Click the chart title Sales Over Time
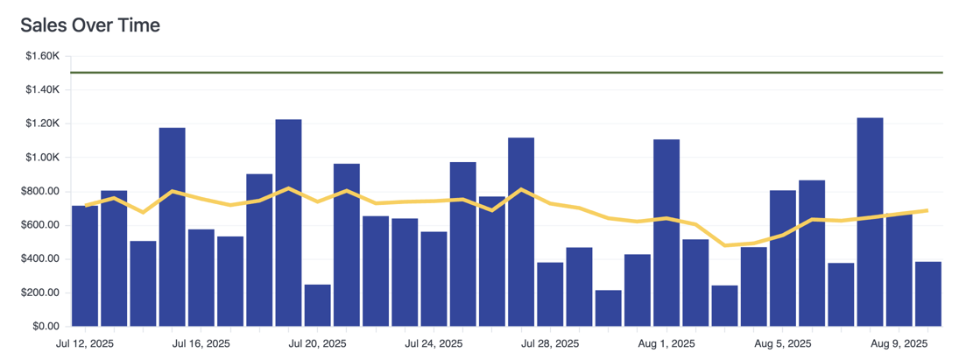[x=90, y=25]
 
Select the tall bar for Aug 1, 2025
[x=666, y=232]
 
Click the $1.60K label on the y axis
[x=41, y=56]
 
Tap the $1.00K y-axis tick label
[x=41, y=158]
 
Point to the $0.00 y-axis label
[x=46, y=327]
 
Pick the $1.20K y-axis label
[x=41, y=124]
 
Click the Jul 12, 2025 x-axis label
[x=85, y=344]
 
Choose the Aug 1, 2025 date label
[x=666, y=344]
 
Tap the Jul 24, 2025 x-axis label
[x=434, y=344]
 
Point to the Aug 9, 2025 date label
[x=899, y=344]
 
